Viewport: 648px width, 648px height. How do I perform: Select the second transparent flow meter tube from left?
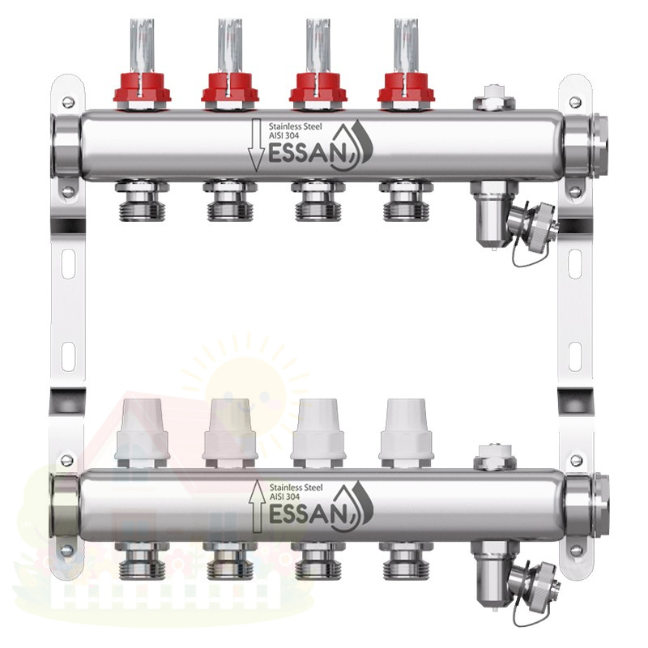tap(230, 46)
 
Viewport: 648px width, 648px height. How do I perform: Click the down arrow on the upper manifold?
tap(256, 145)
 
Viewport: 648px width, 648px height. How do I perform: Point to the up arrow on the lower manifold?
tap(256, 505)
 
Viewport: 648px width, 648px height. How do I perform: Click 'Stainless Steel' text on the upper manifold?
tap(295, 126)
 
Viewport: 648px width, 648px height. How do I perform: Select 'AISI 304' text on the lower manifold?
tap(284, 497)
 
